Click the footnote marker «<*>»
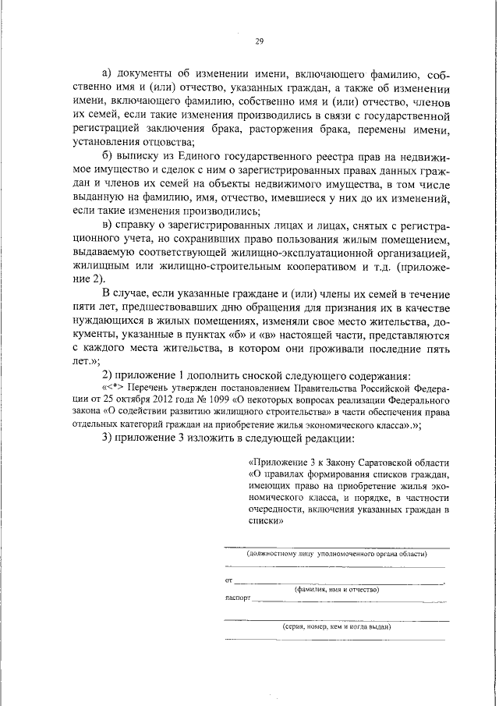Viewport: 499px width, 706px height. tap(126, 387)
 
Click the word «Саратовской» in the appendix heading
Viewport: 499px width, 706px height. tap(380, 460)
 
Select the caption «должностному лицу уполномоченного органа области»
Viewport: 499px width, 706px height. tap(336, 553)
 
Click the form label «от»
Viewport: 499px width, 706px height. tap(228, 580)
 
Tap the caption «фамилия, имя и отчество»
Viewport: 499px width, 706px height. tap(336, 591)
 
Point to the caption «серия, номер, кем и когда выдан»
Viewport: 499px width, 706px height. tap(336, 626)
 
